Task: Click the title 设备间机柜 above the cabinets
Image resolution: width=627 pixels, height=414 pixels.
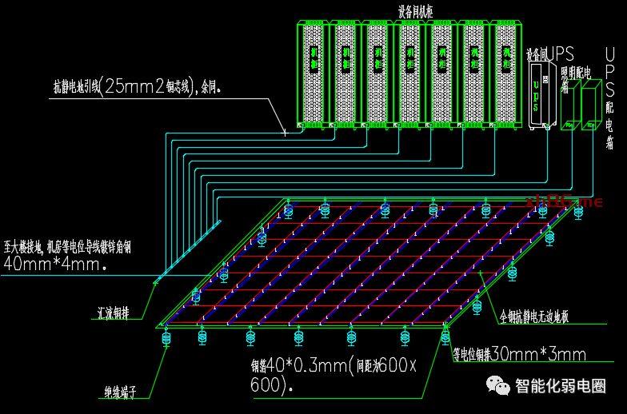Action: point(416,10)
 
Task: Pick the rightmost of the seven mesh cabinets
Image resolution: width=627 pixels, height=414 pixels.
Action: point(505,74)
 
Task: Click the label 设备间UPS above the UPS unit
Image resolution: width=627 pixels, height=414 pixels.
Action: point(550,54)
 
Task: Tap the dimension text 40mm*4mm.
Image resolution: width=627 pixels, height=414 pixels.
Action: point(55,263)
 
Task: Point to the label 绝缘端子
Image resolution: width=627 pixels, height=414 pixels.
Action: point(120,392)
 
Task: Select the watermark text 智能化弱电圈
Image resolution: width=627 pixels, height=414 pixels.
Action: point(561,387)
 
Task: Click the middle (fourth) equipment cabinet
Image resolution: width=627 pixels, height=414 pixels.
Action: point(409,74)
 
